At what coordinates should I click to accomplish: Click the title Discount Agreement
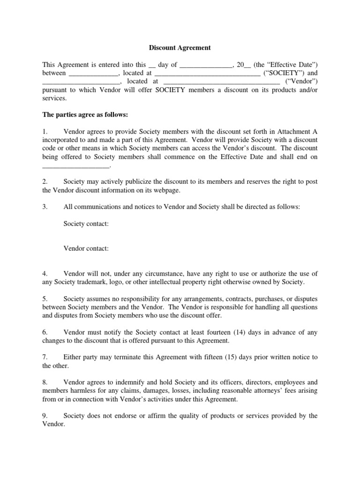180,47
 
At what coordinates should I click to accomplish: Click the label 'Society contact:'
86,224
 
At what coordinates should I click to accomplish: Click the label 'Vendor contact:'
86,248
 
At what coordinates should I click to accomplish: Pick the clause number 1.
45,132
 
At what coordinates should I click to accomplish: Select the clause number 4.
45,273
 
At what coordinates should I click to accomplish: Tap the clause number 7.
45,357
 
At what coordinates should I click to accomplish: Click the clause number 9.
45,416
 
